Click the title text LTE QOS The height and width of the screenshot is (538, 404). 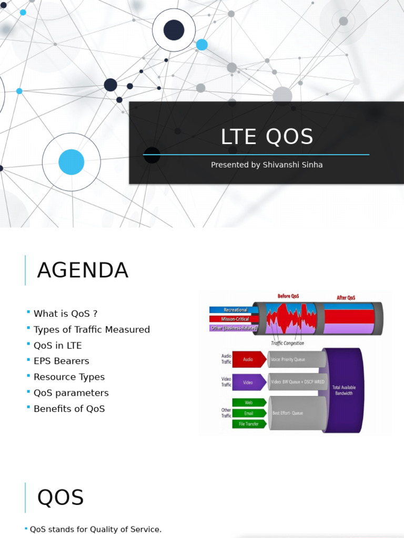[x=267, y=137]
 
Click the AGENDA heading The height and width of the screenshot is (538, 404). [x=83, y=271]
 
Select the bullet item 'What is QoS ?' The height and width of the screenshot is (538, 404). [x=65, y=314]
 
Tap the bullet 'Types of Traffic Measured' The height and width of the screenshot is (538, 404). [x=92, y=329]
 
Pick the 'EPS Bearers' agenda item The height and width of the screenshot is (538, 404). [x=61, y=361]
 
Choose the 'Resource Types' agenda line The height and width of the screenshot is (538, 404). [x=69, y=377]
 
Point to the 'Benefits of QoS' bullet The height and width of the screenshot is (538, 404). [x=69, y=408]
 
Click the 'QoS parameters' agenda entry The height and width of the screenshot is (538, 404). [x=71, y=392]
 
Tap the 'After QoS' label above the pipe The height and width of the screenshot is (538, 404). [x=346, y=298]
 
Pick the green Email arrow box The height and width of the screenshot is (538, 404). [x=248, y=413]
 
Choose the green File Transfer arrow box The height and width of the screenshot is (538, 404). [x=248, y=423]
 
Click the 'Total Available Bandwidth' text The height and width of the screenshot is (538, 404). [x=344, y=390]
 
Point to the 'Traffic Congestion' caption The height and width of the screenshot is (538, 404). [x=287, y=343]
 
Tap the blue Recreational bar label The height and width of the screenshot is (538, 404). [x=235, y=310]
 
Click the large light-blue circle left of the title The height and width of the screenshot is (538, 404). [x=71, y=162]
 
